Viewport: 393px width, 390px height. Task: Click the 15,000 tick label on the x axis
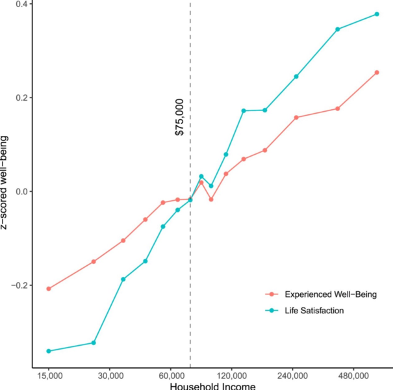click(x=49, y=376)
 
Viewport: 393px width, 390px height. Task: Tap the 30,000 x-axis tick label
click(x=110, y=376)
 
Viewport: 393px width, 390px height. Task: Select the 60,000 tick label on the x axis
click(x=170, y=376)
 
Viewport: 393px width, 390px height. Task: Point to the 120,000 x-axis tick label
click(x=231, y=376)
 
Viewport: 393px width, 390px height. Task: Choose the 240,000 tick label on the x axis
click(x=292, y=376)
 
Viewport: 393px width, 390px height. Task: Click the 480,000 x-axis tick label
click(x=353, y=376)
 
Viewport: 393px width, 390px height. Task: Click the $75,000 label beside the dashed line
click(x=180, y=118)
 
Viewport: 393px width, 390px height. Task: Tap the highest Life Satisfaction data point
click(x=377, y=14)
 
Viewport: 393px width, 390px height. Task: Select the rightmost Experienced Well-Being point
click(x=377, y=72)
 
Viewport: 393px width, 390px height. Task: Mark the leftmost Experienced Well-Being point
click(x=49, y=289)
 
